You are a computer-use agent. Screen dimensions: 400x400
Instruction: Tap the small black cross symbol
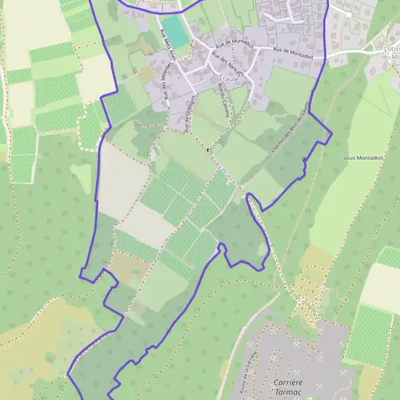coord(208,150)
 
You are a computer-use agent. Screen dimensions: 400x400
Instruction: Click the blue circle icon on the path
coord(223,171)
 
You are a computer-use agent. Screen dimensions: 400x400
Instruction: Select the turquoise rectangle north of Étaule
coord(175,30)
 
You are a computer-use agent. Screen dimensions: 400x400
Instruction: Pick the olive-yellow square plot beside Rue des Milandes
coord(147,75)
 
